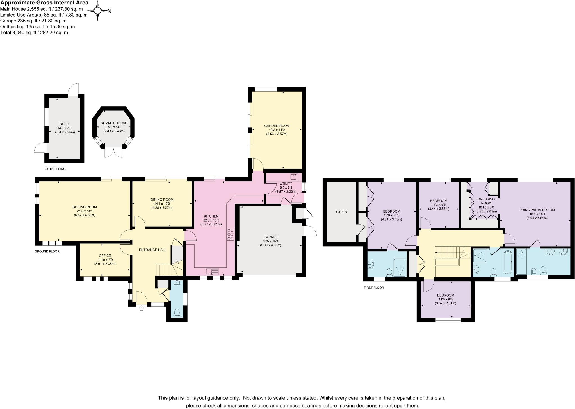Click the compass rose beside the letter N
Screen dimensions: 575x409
tap(97, 11)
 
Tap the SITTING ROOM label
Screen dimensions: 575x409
tap(85, 207)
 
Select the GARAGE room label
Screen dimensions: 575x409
tap(271, 237)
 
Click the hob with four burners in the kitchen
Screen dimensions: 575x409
tap(231, 234)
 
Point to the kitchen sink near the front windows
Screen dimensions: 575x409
tap(212, 272)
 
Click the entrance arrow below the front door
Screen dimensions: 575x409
tap(142, 308)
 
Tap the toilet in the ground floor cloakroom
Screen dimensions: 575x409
tap(177, 313)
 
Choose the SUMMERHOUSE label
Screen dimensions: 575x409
tap(114, 123)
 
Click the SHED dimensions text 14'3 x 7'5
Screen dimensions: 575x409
tap(64, 128)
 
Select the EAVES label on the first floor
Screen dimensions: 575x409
tap(341, 212)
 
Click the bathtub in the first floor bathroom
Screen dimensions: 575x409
tap(508, 262)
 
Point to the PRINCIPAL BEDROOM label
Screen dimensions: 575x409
tap(537, 210)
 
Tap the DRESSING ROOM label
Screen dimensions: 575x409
tap(486, 201)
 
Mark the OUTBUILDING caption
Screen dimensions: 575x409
tap(55, 169)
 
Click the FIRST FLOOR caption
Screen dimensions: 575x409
tap(374, 288)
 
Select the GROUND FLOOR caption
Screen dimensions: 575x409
tap(47, 252)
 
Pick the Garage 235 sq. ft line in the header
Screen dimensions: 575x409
tap(33, 21)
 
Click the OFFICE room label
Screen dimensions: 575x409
tap(105, 256)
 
